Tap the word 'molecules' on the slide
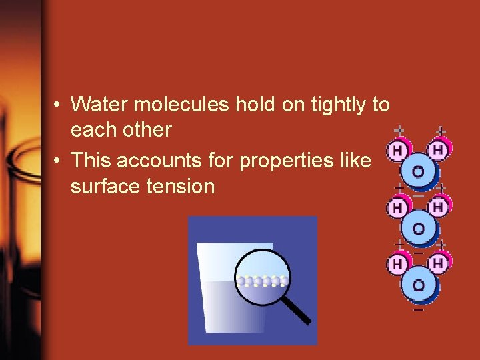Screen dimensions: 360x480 (175, 105)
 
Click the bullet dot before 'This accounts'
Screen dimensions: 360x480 (59, 161)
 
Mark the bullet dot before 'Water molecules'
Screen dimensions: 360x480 (59, 105)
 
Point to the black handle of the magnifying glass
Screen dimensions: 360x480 (298, 311)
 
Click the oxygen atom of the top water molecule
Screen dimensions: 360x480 (418, 172)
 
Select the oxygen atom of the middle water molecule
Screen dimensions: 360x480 (418, 229)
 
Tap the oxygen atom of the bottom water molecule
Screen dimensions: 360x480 (418, 285)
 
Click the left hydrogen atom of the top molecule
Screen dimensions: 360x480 (398, 151)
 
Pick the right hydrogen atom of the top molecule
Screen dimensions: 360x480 (438, 151)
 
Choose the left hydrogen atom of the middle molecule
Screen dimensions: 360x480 (398, 208)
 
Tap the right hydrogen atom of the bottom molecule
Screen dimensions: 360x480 (438, 265)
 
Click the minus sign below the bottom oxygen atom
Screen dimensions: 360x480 (418, 309)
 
